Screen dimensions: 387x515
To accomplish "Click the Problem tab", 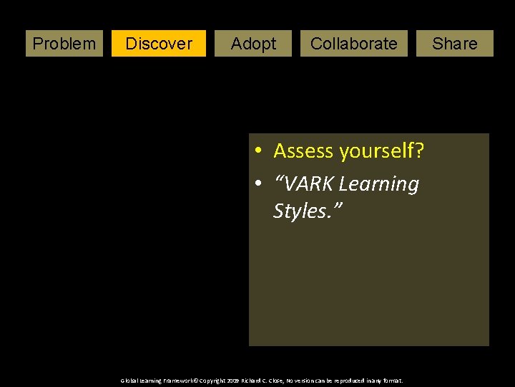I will [x=64, y=44].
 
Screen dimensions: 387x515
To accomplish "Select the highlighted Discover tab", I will [x=159, y=44].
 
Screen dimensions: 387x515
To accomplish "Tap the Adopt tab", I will [x=253, y=44].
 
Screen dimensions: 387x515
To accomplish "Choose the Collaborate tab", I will [x=353, y=44].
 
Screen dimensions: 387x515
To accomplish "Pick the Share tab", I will [x=454, y=44].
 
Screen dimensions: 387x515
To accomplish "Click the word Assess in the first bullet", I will [x=304, y=151].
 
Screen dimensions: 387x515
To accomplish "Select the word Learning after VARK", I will [x=379, y=184].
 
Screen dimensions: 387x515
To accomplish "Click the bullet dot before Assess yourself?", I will [x=261, y=151].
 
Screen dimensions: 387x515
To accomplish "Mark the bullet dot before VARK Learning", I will [x=261, y=184].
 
